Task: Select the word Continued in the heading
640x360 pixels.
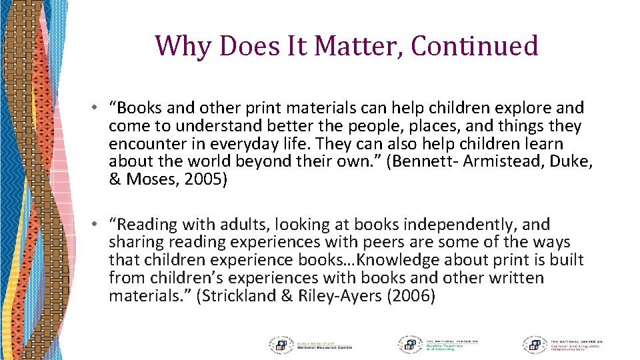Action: click(475, 46)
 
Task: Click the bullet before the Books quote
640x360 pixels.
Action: click(97, 108)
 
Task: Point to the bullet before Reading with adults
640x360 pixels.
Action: click(97, 225)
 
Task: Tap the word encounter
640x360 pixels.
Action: click(143, 144)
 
